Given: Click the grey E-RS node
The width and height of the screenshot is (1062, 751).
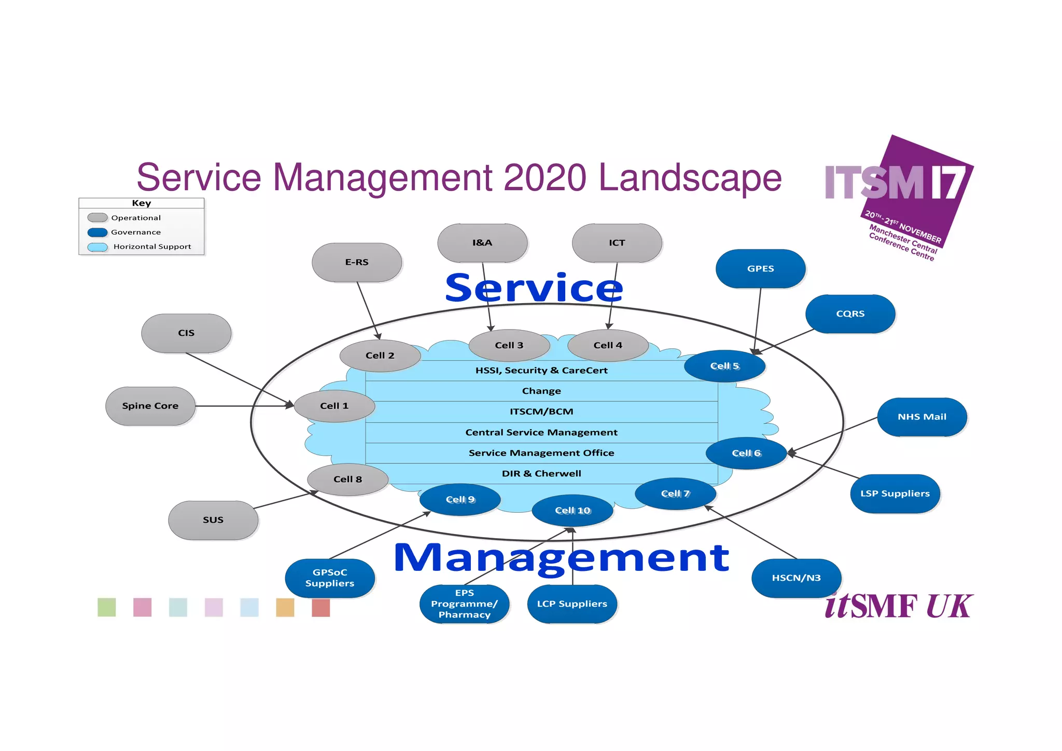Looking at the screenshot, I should pyautogui.click(x=357, y=263).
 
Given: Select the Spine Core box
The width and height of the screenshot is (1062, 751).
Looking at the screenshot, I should pyautogui.click(x=150, y=406).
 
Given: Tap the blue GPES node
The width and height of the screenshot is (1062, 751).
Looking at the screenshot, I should pyautogui.click(x=760, y=269).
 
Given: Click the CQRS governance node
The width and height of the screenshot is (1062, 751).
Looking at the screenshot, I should pyautogui.click(x=850, y=314).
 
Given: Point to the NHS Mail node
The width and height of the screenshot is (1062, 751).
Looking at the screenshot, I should pyautogui.click(x=921, y=417).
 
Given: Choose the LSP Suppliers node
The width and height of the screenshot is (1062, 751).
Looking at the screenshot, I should pyautogui.click(x=895, y=494).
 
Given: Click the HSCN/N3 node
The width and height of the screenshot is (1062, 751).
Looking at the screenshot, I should pyautogui.click(x=796, y=578).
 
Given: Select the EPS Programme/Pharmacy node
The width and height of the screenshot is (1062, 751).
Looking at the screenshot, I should pyautogui.click(x=464, y=604).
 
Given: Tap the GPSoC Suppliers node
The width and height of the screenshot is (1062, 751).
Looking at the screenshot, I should pyautogui.click(x=330, y=578).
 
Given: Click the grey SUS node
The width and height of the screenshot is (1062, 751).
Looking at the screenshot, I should pyautogui.click(x=213, y=520).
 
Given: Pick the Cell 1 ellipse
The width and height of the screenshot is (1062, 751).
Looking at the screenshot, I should pyautogui.click(x=334, y=406).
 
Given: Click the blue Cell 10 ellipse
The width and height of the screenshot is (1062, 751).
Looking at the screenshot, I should pyautogui.click(x=572, y=511).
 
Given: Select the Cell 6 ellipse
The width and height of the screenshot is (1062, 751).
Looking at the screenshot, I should pyautogui.click(x=746, y=453).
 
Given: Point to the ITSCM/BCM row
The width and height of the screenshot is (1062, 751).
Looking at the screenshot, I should pyautogui.click(x=541, y=412).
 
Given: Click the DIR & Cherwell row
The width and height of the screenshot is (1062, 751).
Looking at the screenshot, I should pyautogui.click(x=541, y=473).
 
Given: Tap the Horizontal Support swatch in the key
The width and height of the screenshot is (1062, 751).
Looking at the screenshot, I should pyautogui.click(x=97, y=247).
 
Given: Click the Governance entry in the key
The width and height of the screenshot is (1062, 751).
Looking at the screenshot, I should pyautogui.click(x=135, y=233).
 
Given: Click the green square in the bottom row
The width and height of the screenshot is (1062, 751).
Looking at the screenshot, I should pyautogui.click(x=107, y=607).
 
